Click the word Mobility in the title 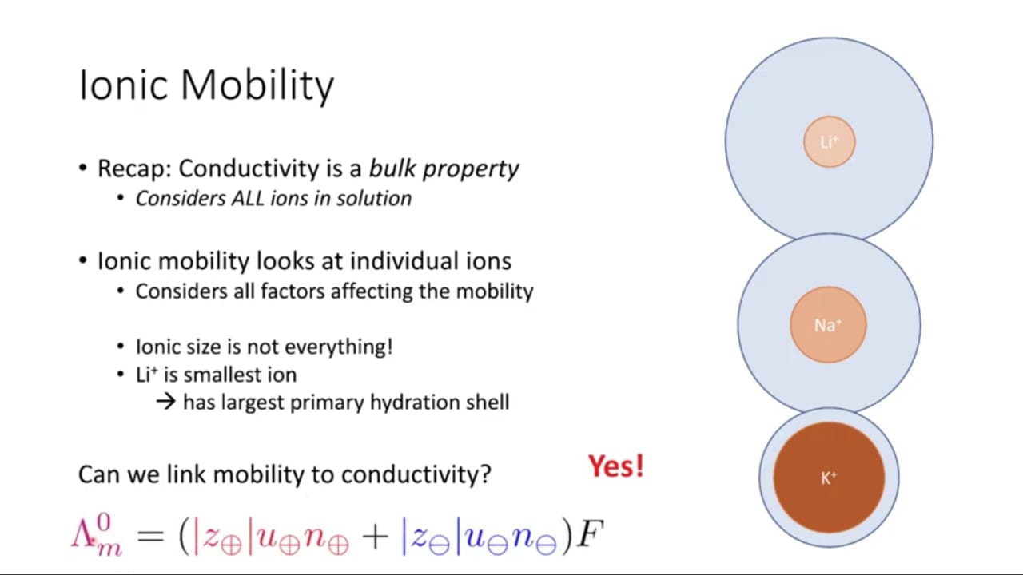point(257,85)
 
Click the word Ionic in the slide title point(123,85)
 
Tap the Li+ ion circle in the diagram point(830,142)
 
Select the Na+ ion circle point(828,325)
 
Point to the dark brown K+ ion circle point(829,478)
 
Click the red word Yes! point(616,466)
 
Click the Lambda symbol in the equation point(84,534)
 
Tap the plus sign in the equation point(376,537)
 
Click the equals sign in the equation point(150,536)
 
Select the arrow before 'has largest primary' point(165,402)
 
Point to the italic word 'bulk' point(392,168)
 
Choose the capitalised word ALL point(248,199)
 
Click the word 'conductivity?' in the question point(416,474)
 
